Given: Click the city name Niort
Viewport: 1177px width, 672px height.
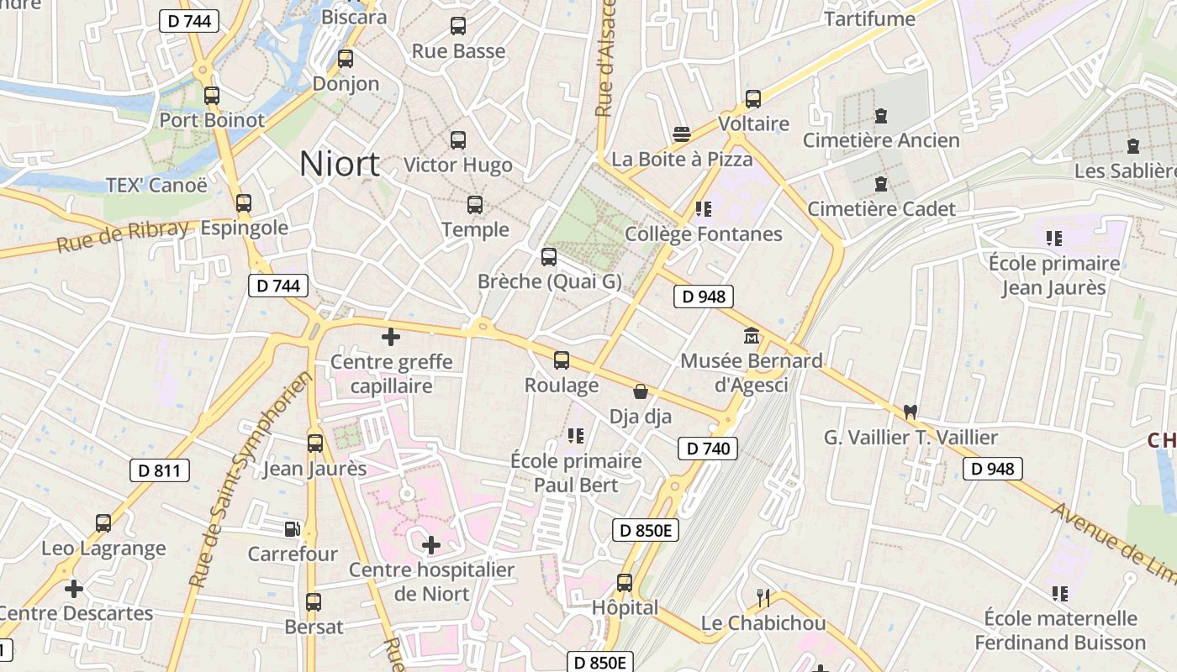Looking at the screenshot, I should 340,164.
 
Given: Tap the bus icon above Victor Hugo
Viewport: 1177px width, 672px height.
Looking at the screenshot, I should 458,140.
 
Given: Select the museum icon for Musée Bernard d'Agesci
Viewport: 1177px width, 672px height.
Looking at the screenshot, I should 751,336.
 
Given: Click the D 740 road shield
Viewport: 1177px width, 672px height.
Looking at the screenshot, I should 707,449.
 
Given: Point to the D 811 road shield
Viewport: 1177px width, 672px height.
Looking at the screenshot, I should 159,470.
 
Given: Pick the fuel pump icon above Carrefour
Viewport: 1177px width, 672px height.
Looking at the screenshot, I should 292,529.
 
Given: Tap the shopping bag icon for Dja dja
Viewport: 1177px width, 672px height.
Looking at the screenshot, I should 641,391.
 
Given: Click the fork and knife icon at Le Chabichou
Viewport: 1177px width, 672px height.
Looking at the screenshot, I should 763,598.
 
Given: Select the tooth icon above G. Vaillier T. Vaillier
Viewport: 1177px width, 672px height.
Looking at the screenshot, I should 910,412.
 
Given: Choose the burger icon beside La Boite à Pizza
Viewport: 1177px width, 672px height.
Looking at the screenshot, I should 682,134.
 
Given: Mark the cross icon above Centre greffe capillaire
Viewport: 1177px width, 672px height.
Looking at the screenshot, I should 391,338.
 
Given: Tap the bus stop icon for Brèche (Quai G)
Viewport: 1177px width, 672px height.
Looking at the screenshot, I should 549,257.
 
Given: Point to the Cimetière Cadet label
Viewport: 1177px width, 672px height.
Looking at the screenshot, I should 881,209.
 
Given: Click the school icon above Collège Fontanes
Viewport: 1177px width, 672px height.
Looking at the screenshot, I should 703,208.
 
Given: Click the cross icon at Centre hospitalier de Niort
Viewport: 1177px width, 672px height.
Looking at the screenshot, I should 431,545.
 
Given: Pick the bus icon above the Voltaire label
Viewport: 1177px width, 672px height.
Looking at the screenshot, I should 753,99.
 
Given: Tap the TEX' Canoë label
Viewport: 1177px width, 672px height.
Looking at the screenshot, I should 156,185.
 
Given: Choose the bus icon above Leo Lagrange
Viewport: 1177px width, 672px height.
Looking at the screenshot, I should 103,523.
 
